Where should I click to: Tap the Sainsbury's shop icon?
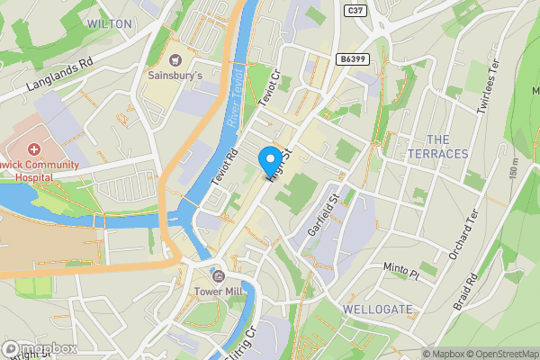click(x=175, y=59)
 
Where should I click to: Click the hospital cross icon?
click(x=34, y=148)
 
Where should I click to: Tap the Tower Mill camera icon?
click(x=218, y=274)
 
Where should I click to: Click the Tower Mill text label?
click(x=218, y=292)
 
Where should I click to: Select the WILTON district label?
click(x=111, y=23)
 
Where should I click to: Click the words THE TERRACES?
click(x=448, y=147)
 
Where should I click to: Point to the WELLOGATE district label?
click(x=378, y=309)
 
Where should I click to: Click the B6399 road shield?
click(x=354, y=58)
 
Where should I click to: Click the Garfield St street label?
click(x=321, y=213)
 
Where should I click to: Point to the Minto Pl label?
click(x=401, y=269)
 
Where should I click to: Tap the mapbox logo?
click(x=40, y=348)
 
